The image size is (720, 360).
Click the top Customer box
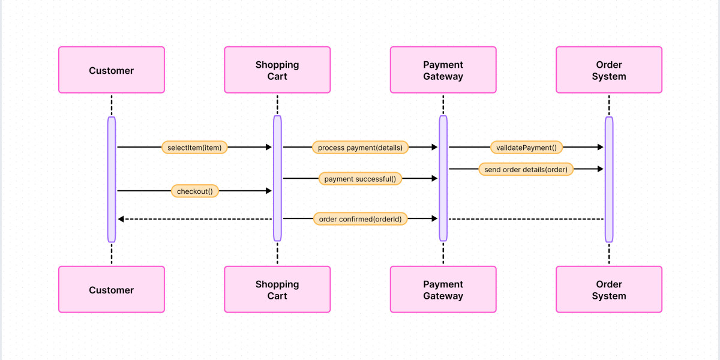[111, 70]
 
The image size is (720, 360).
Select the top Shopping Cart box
[277, 70]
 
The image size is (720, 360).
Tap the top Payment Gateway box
[443, 70]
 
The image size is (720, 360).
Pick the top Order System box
[608, 70]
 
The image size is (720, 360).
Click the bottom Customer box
[111, 290]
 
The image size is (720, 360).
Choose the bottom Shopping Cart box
[277, 290]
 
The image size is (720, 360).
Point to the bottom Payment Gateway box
[443, 290]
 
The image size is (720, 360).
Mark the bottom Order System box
[608, 290]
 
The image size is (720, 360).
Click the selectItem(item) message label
[194, 148]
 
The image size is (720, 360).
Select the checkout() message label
[194, 191]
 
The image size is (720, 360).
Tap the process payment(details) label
[360, 148]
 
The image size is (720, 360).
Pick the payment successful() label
[360, 179]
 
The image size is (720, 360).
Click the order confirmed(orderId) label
[360, 219]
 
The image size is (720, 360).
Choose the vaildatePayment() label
[526, 148]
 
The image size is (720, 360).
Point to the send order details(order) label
[526, 169]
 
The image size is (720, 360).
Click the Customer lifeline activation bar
[112, 179]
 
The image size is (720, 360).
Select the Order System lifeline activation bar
[609, 179]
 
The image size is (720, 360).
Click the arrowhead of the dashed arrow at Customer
[121, 219]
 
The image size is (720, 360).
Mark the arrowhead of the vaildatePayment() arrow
[599, 147]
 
